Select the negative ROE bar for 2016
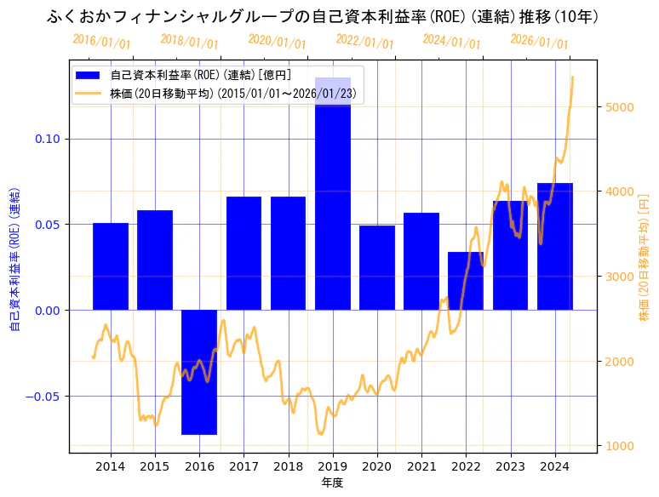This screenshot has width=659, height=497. [199, 372]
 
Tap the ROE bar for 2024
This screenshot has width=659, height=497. [555, 246]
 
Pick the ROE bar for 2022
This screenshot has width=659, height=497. [466, 281]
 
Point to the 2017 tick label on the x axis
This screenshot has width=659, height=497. [244, 466]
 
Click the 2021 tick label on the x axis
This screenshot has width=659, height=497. [421, 466]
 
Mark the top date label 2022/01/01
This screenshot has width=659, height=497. [364, 42]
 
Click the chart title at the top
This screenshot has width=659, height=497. [324, 16]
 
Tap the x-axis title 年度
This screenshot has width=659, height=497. [332, 483]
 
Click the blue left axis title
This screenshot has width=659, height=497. [14, 256]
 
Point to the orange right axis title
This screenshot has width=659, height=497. [644, 256]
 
